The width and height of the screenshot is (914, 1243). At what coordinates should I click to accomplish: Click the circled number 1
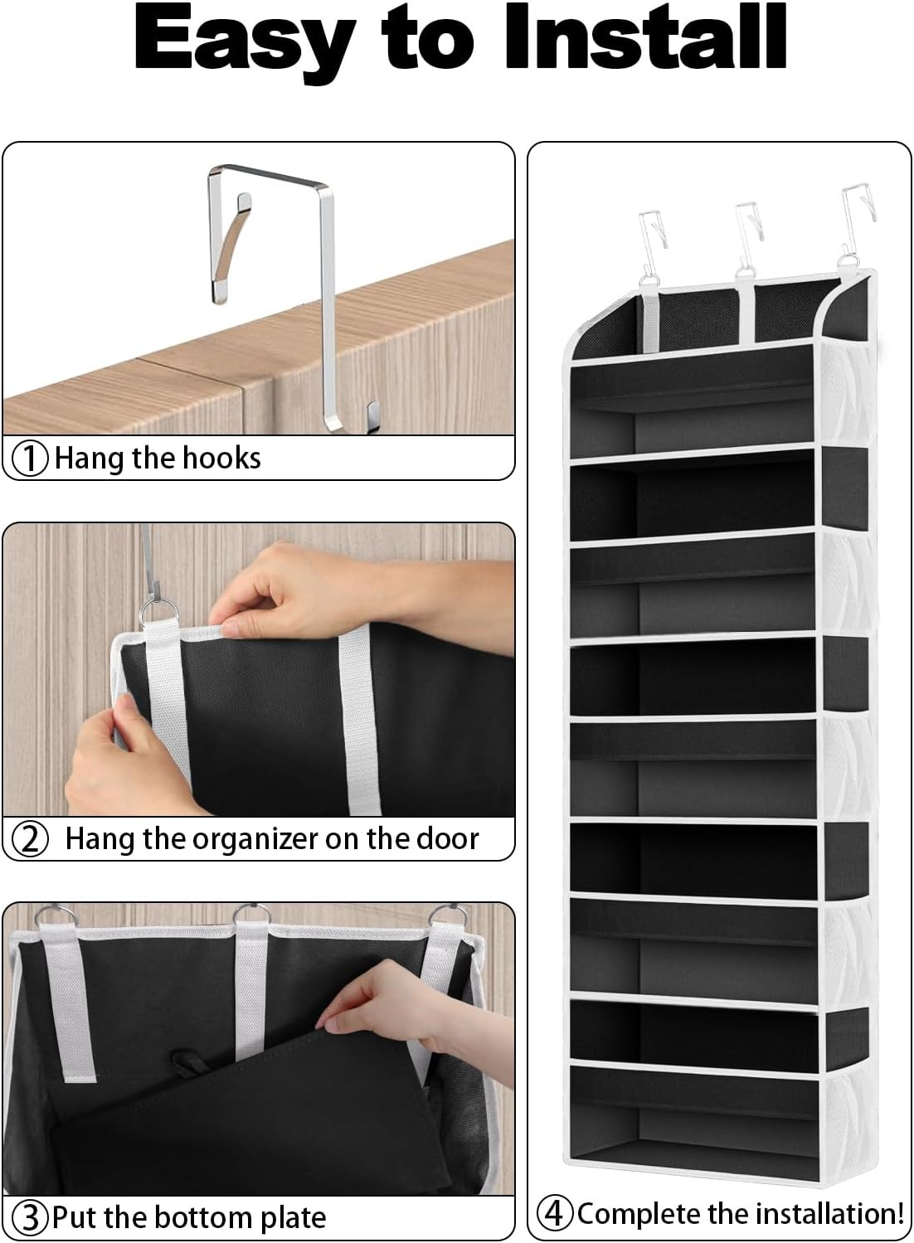click(x=32, y=458)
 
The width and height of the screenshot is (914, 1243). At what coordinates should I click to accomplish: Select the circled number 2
click(x=32, y=839)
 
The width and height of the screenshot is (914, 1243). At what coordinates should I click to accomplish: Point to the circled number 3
click(x=32, y=1217)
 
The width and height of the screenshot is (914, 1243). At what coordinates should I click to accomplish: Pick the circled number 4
click(x=555, y=1213)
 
